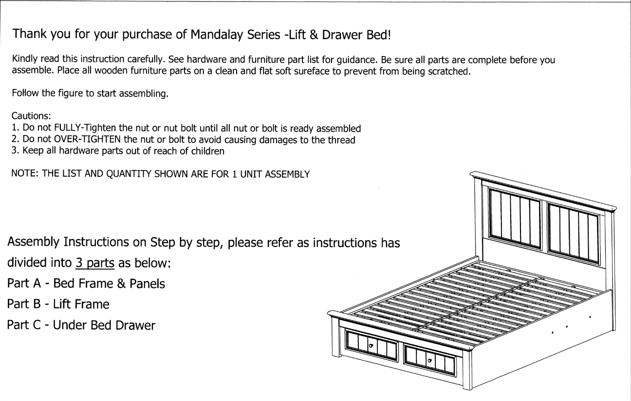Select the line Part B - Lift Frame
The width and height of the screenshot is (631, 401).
[58, 305]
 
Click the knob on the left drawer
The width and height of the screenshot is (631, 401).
[371, 345]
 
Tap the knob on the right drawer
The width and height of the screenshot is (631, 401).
[429, 361]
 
